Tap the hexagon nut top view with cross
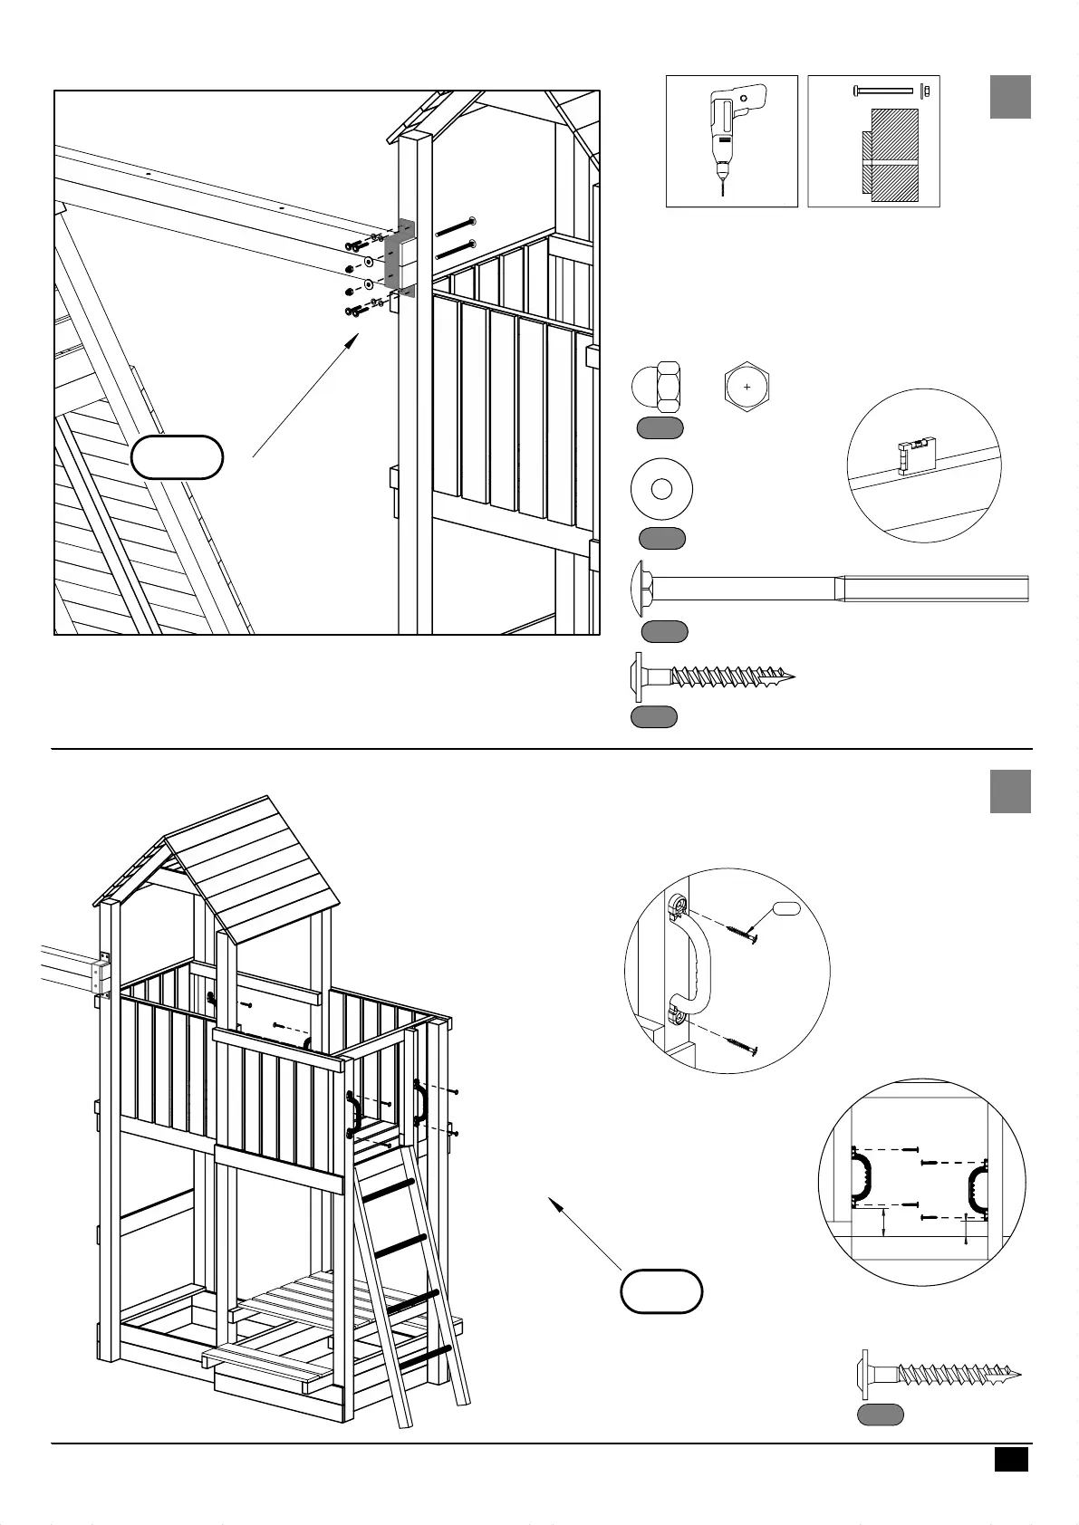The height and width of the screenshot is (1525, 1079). point(747,388)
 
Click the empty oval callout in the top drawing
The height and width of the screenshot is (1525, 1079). point(177,457)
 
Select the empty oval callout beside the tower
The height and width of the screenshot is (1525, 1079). point(661,1291)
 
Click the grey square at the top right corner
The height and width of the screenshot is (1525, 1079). point(1010,97)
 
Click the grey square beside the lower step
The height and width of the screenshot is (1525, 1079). point(1010,791)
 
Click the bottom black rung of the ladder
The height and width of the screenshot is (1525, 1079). point(426,1357)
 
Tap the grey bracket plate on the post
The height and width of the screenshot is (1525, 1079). point(397,256)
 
